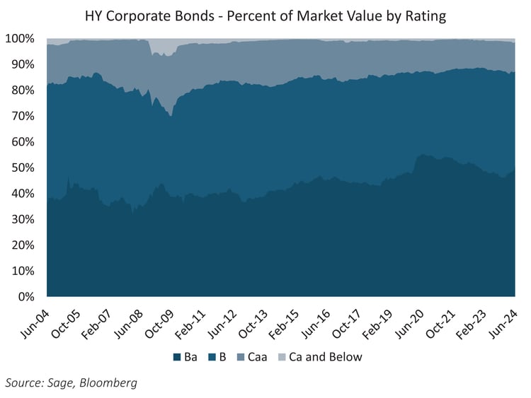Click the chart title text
click(265, 16)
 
